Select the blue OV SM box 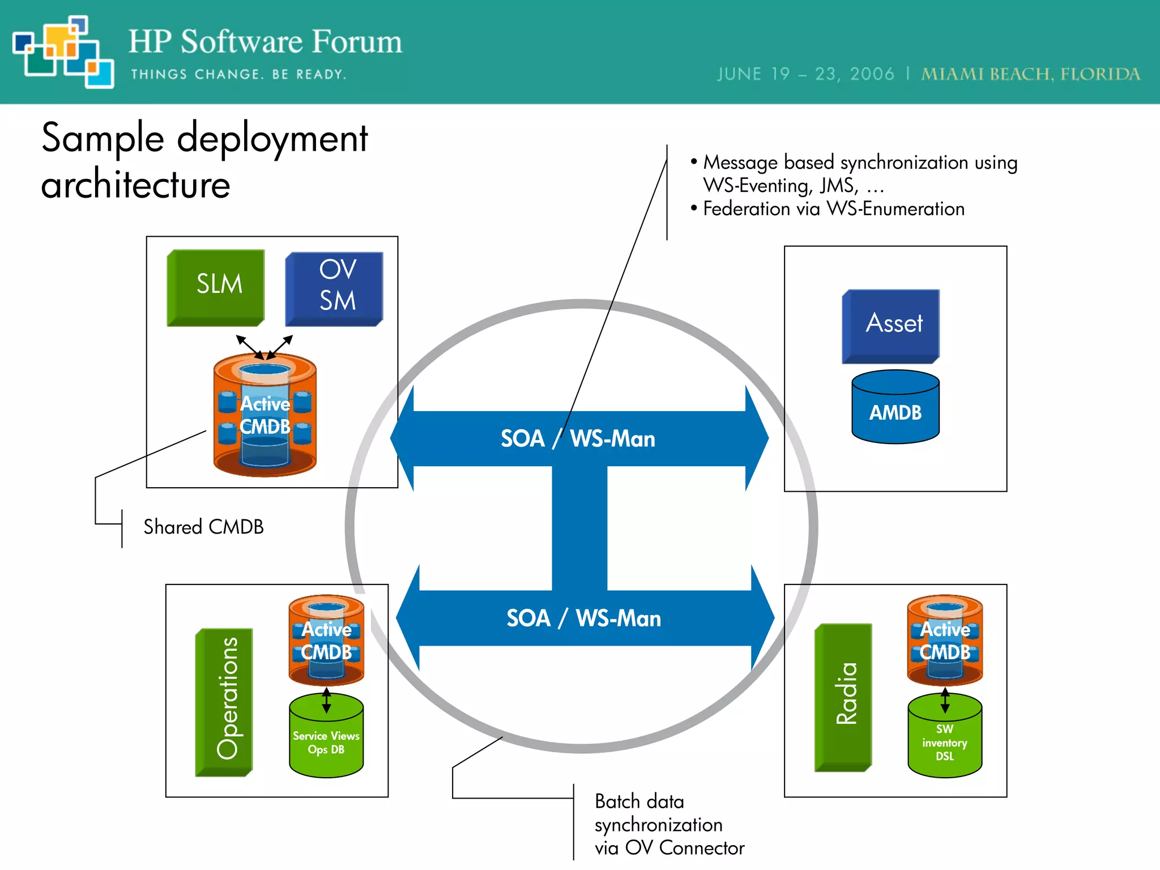pyautogui.click(x=335, y=288)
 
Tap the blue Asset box pyautogui.click(x=891, y=325)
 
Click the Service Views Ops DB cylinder pyautogui.click(x=326, y=739)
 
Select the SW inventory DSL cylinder pyautogui.click(x=945, y=739)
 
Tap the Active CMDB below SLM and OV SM pyautogui.click(x=265, y=415)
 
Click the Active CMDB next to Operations pyautogui.click(x=326, y=641)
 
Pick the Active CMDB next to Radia pyautogui.click(x=945, y=641)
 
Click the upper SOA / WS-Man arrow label pyautogui.click(x=578, y=439)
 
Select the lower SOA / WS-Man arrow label pyautogui.click(x=583, y=619)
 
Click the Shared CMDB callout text pyautogui.click(x=203, y=527)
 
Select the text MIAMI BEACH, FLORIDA pyautogui.click(x=1030, y=74)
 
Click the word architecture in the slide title pyautogui.click(x=136, y=185)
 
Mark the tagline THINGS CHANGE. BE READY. pyautogui.click(x=238, y=75)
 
